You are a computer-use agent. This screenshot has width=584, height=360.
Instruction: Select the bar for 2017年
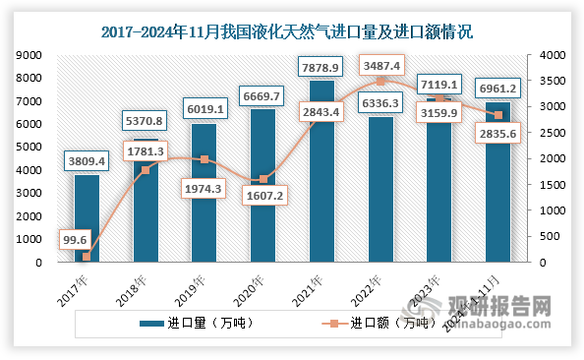87,218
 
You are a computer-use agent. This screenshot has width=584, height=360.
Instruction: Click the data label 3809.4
87,159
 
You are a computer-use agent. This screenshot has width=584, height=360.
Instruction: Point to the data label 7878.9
322,67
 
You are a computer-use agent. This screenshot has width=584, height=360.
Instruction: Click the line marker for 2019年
204,159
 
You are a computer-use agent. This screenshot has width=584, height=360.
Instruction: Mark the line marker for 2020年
263,179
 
